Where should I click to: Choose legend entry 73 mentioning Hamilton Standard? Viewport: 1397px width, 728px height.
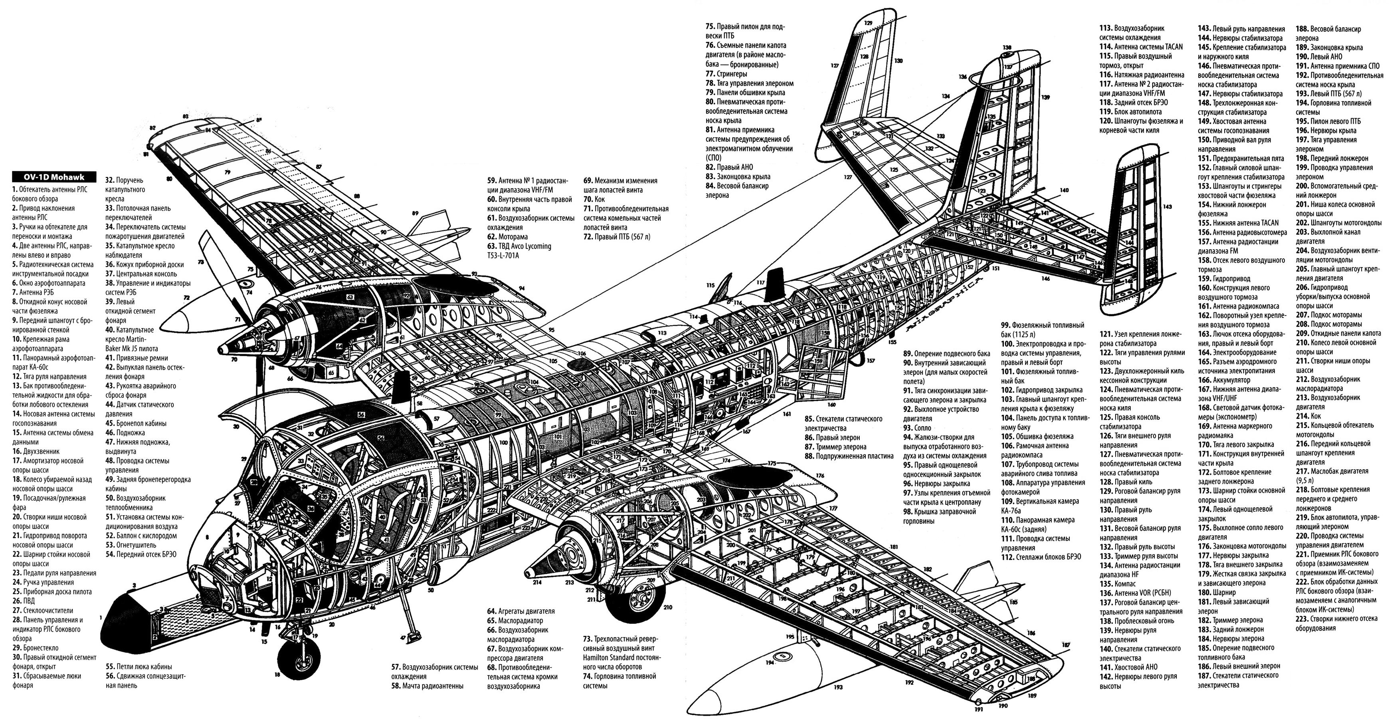pos(619,648)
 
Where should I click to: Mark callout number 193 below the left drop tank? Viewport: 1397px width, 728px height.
pos(839,687)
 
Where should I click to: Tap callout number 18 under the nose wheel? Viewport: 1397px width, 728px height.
pos(277,675)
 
